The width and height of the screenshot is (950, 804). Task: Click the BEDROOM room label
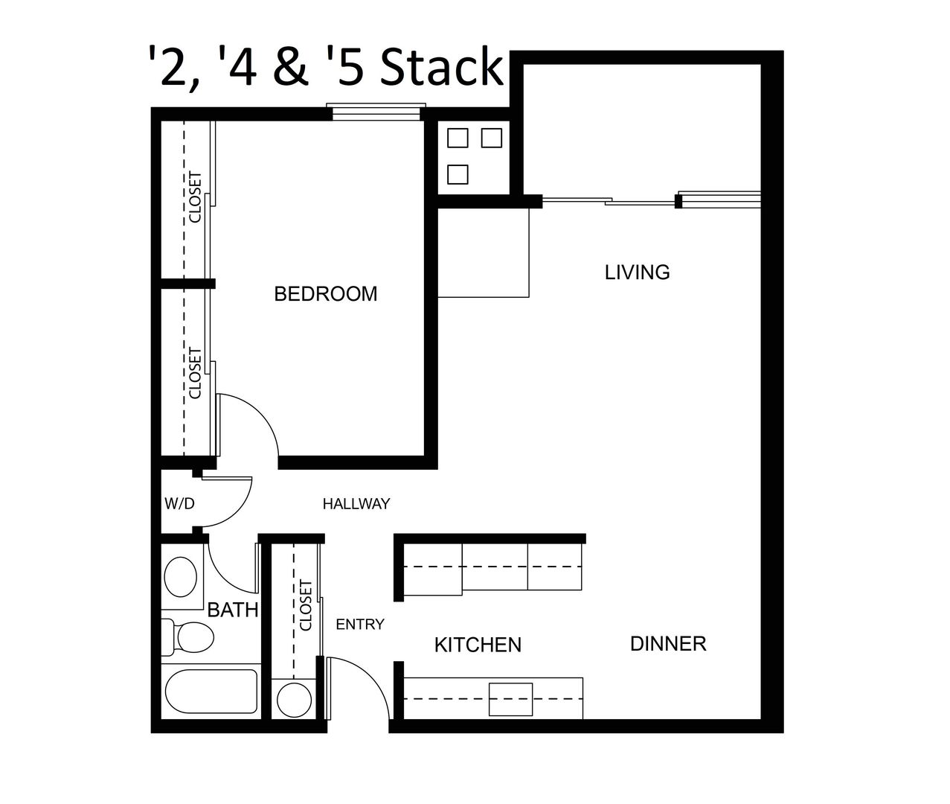click(325, 294)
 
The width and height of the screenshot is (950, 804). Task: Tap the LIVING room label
click(637, 272)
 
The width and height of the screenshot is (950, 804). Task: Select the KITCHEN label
click(478, 645)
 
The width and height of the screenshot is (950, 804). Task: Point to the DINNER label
click(668, 644)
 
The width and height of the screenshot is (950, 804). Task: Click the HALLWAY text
click(356, 504)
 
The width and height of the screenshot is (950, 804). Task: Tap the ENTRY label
click(360, 625)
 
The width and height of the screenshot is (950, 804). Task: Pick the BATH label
click(233, 610)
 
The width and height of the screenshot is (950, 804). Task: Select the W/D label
click(180, 504)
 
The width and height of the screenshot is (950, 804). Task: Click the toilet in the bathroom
click(188, 637)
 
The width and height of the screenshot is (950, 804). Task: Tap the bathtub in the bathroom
click(211, 692)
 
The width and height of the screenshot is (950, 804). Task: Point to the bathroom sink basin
click(181, 577)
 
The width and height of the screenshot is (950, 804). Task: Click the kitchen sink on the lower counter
click(510, 700)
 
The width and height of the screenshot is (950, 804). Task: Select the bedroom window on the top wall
click(376, 112)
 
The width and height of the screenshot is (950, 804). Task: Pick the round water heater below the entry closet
click(294, 700)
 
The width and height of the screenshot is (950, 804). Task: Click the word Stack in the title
click(442, 68)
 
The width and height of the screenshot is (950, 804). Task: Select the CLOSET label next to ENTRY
click(306, 605)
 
